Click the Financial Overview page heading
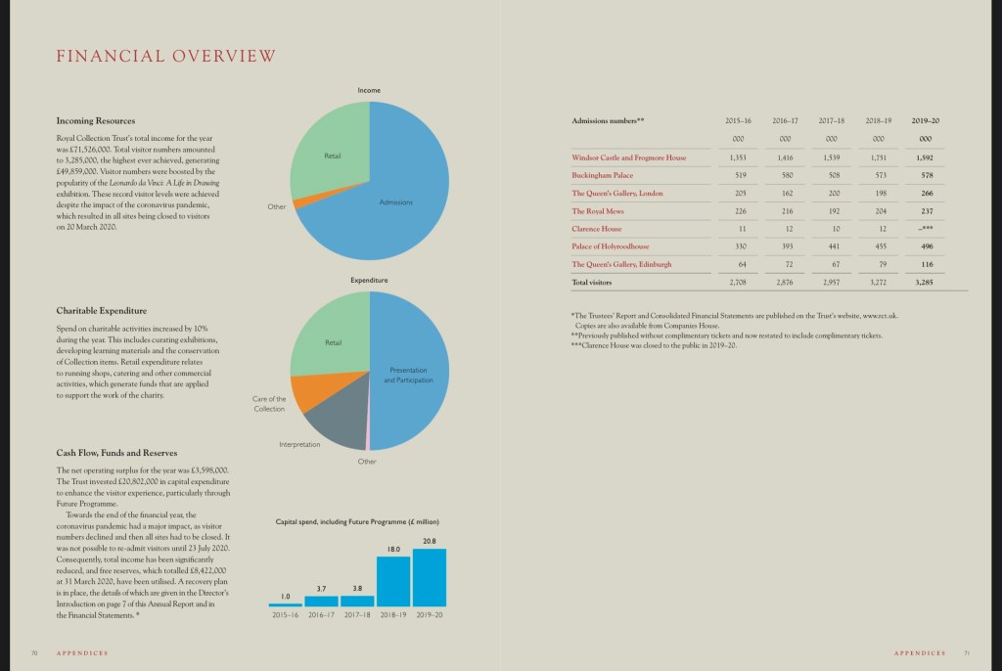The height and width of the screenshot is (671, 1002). click(x=166, y=56)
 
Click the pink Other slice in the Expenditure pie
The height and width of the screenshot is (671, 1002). click(x=367, y=430)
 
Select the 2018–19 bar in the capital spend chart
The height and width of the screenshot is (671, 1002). click(x=393, y=581)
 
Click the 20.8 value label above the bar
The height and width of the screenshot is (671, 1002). click(x=430, y=541)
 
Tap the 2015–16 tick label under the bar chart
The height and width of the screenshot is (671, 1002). click(x=285, y=615)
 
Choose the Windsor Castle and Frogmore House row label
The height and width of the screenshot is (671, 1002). click(x=629, y=157)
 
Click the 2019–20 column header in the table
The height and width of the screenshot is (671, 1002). click(x=925, y=120)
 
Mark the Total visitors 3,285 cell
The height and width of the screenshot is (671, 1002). click(x=925, y=283)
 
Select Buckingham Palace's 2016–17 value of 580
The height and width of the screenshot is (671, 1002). click(x=785, y=175)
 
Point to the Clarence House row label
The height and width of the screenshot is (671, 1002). click(x=597, y=229)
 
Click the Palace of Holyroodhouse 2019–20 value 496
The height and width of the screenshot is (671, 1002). click(x=926, y=246)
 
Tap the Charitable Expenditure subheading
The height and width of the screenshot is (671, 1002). click(x=102, y=311)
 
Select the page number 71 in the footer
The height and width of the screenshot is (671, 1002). click(x=966, y=652)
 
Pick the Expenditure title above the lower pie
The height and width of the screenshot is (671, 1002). click(x=369, y=281)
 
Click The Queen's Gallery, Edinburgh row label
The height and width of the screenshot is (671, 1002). click(x=621, y=264)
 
